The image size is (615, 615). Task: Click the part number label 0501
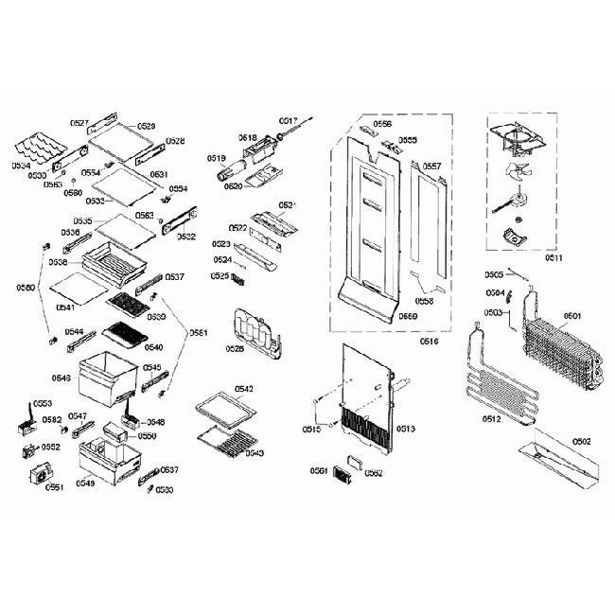pos(572,315)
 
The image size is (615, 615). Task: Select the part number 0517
pos(289,121)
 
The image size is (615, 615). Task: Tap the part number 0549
pos(85,482)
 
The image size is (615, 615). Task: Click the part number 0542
pos(243,389)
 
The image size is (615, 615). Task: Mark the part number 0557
pos(431,166)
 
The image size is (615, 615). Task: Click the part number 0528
pos(175,140)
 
